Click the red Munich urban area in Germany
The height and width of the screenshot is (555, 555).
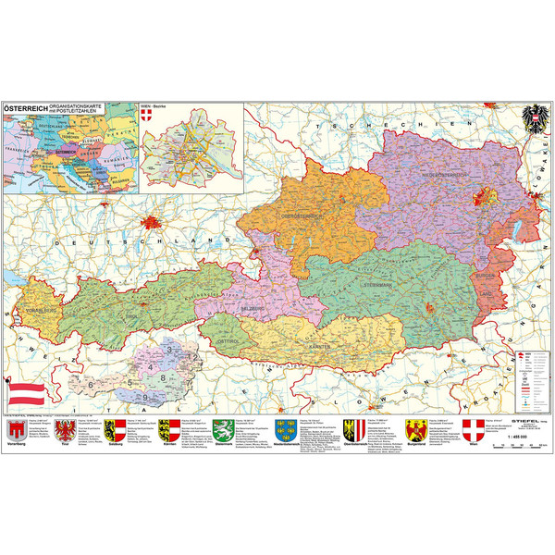(152, 222)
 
